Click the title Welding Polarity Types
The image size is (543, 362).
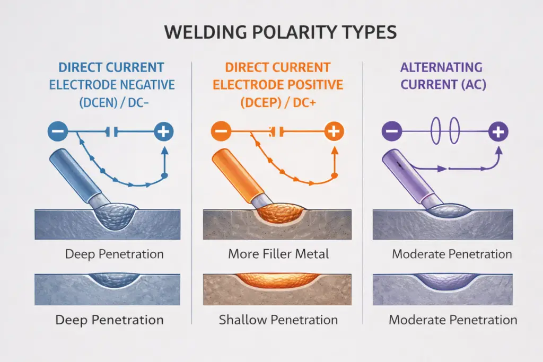click(280, 32)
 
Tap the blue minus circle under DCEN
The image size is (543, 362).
click(58, 131)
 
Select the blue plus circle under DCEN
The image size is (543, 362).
click(164, 131)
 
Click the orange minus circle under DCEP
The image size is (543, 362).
click(220, 131)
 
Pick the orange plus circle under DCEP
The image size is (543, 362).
click(333, 131)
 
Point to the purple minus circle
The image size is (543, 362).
click(391, 131)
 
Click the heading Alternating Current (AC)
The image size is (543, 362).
click(441, 76)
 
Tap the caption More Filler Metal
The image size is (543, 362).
click(278, 254)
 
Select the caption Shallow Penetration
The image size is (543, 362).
click(278, 320)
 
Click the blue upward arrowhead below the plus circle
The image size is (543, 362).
click(164, 151)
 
